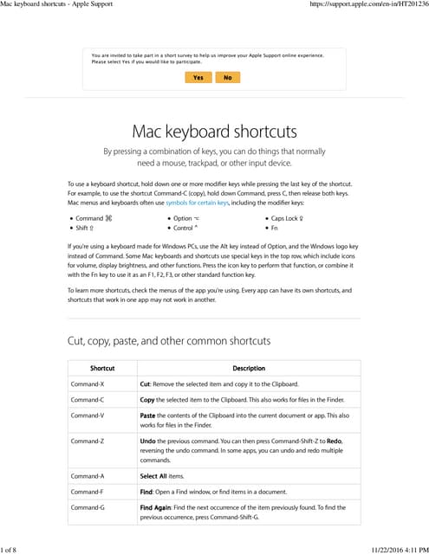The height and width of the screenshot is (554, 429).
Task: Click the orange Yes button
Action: [x=198, y=77]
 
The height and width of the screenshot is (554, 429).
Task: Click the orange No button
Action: [x=227, y=77]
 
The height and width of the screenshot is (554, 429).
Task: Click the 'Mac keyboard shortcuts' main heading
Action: [x=214, y=132]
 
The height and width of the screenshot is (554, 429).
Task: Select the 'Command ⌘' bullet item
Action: [x=94, y=218]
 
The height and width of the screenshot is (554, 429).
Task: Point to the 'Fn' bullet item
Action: [x=274, y=228]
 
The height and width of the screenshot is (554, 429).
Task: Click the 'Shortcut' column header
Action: [x=102, y=368]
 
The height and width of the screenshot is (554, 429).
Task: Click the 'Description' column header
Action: [x=249, y=368]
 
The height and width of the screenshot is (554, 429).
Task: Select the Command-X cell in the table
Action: [x=88, y=383]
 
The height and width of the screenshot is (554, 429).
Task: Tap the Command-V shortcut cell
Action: [x=88, y=415]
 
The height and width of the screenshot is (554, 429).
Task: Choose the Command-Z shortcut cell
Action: [x=88, y=441]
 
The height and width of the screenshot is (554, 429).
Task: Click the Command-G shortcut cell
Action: [x=88, y=507]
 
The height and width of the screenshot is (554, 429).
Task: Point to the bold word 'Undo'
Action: [x=148, y=441]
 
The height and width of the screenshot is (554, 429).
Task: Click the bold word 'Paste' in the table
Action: [x=149, y=415]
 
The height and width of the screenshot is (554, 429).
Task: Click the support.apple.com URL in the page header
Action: [x=368, y=5]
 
